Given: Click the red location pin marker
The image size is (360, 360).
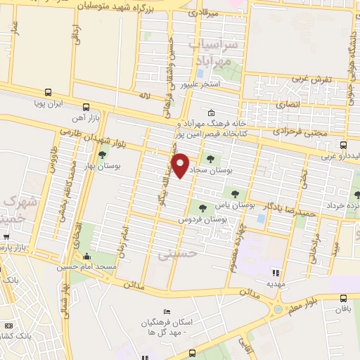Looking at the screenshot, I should point(181,165).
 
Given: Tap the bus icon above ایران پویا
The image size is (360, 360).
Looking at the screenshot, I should point(48,92).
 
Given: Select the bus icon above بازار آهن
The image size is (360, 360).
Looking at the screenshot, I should point(86,108).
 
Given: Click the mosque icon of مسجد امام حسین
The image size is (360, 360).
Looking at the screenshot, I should point(86,256).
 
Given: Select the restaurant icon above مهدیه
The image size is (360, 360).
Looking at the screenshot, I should point(276,272).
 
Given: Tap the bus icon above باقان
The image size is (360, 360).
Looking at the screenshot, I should point(343,298).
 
